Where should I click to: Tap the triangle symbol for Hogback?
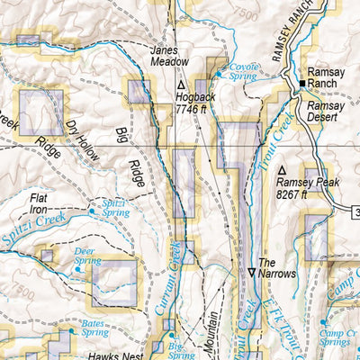pos(181,84)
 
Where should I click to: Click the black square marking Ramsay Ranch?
pos(301,84)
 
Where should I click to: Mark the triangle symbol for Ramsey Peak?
pos(282,169)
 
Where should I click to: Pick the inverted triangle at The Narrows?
pos(252,272)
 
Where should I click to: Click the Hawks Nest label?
pos(110,355)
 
